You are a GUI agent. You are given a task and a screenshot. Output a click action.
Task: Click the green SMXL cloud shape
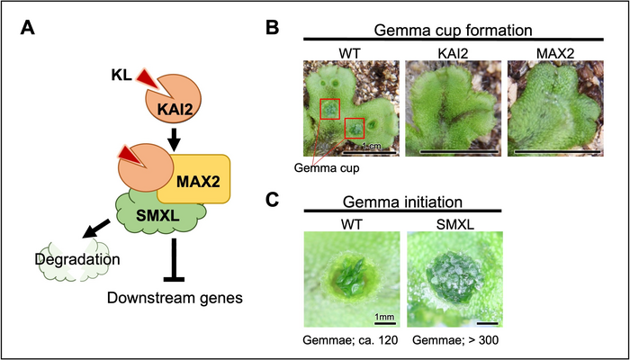point(151,216)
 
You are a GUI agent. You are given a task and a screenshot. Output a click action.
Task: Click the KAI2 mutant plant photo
point(450,113)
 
